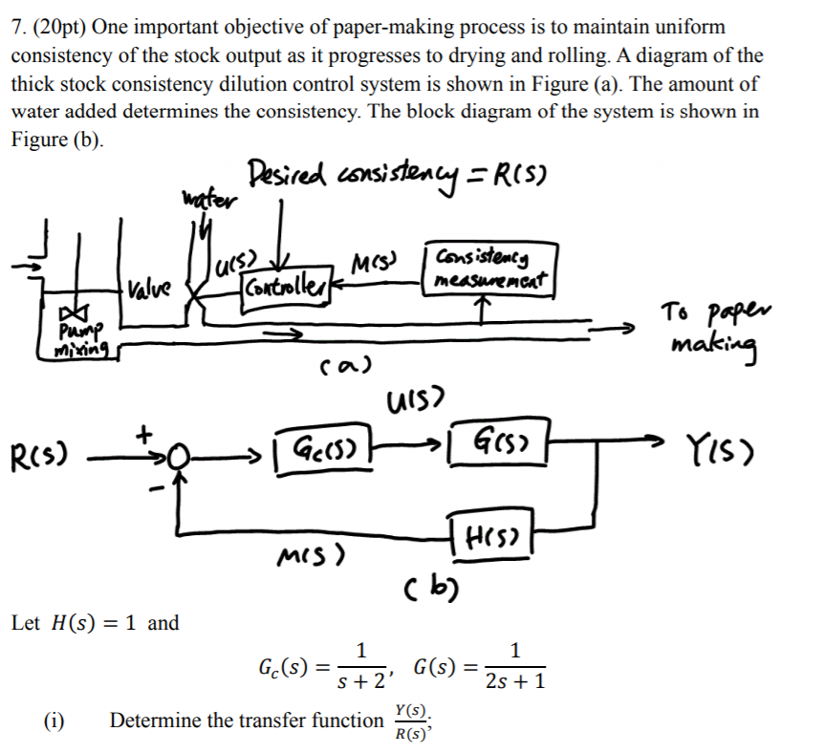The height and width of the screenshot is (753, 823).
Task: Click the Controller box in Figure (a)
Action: (287, 291)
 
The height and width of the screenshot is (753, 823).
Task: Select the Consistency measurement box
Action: (490, 269)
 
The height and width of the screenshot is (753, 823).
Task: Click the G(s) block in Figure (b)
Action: (499, 441)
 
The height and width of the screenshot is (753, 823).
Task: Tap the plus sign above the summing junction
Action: (143, 434)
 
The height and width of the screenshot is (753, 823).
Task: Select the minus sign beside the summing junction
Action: (157, 489)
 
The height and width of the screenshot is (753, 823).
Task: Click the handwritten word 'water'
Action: (209, 200)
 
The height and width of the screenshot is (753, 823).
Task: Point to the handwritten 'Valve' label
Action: (149, 288)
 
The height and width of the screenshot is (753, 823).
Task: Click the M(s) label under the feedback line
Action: (312, 556)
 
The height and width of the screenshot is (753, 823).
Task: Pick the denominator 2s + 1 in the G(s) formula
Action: (515, 680)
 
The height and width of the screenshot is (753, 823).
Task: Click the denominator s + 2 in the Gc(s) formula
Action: (362, 681)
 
